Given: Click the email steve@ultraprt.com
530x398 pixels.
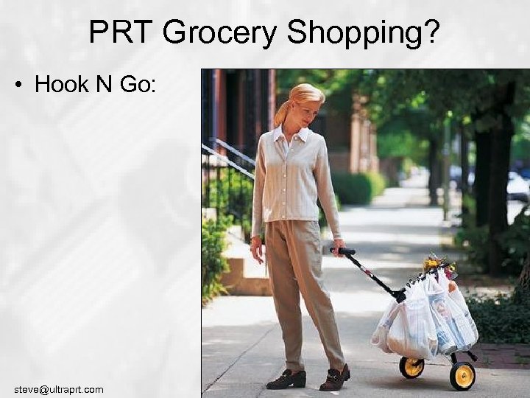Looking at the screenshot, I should tap(59, 389).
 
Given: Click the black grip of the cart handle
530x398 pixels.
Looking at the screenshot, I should tap(344, 252).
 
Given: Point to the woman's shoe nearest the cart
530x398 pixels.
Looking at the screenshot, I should tap(335, 378).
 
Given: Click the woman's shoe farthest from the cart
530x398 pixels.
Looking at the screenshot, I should tap(286, 379).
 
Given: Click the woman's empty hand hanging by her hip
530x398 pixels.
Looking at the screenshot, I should tap(256, 251).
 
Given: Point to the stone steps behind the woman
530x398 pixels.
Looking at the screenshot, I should tap(239, 265).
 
